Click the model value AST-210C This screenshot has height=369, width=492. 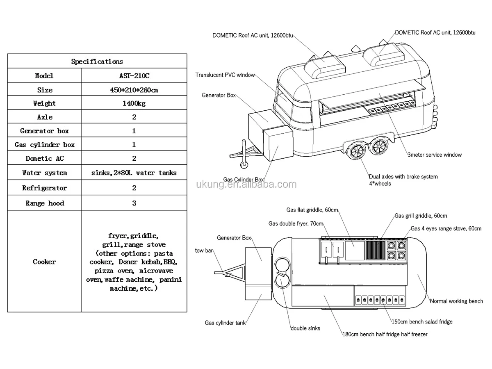134,76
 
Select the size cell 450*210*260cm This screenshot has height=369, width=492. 134,90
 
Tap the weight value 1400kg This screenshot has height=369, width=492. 134,103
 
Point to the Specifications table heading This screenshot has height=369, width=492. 97,61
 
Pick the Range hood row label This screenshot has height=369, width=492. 45,203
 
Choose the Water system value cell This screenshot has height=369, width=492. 134,173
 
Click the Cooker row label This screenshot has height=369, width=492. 44,262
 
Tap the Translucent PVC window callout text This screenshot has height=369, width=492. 225,75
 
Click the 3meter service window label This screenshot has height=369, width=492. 434,155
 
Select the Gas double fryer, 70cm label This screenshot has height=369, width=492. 296,223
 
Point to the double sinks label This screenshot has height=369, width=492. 305,328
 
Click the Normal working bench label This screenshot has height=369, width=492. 456,301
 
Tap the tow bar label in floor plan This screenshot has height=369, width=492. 204,251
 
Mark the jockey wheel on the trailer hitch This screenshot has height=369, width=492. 244,165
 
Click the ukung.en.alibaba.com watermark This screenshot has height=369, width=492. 246,184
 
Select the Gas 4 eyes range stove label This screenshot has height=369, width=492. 446,228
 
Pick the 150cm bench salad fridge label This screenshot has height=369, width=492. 422,322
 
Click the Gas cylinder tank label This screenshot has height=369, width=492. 225,323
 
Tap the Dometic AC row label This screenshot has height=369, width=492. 45,158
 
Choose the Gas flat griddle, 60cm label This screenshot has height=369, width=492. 312,210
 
